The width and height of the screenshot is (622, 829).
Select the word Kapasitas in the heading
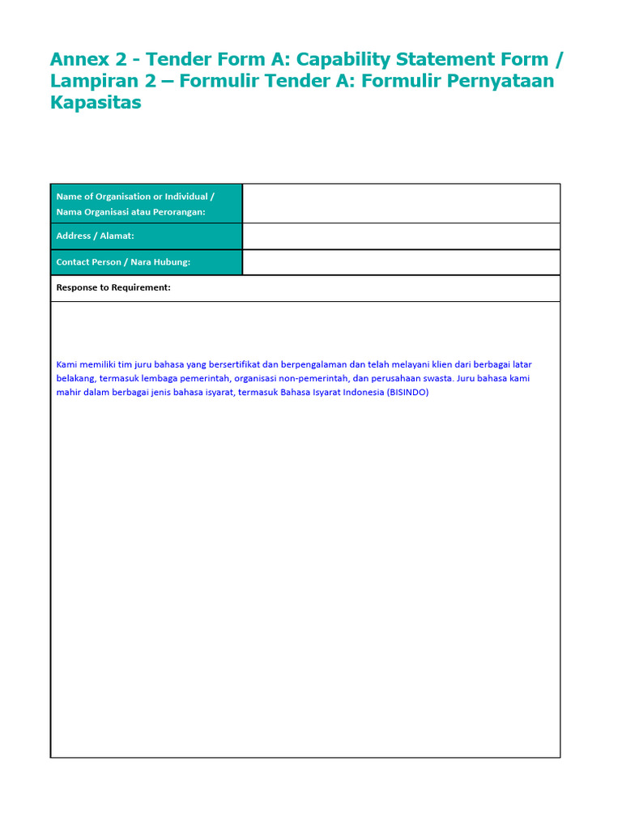pos(96,104)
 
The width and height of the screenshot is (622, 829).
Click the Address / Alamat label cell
pos(96,236)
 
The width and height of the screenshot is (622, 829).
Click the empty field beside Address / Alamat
pos(401,236)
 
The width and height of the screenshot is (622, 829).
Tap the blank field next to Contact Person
pos(401,262)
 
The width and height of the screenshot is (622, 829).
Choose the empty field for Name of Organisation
pos(401,203)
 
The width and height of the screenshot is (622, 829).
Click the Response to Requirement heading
pos(113,287)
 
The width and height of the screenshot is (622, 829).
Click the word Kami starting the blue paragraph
pos(66,364)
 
